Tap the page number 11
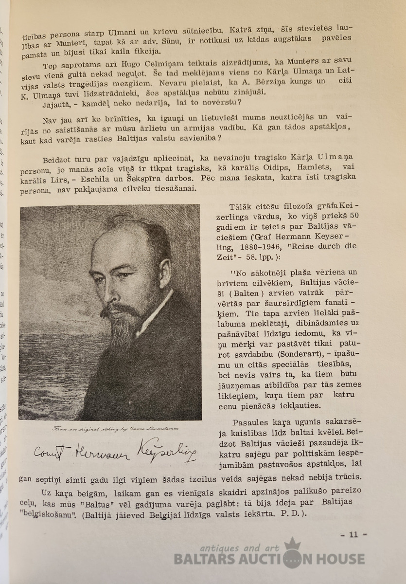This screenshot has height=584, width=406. tap(353, 535)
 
